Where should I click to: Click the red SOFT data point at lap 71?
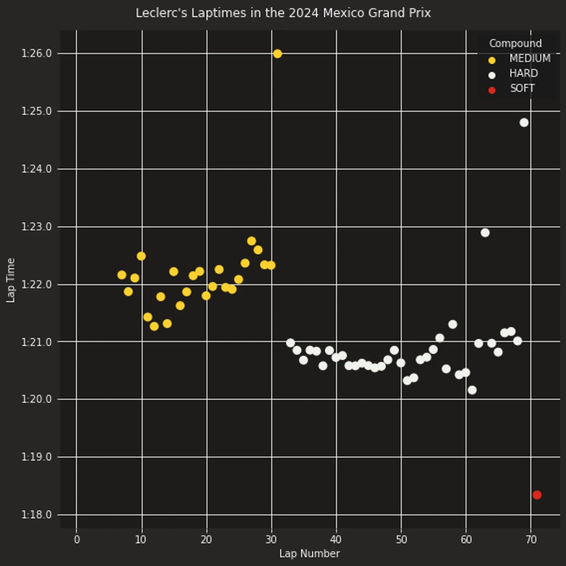click(x=537, y=495)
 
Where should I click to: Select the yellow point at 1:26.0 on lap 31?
click(x=277, y=54)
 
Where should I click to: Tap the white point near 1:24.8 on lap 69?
click(x=524, y=123)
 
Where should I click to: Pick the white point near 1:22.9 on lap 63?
click(x=485, y=233)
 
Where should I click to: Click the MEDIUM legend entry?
click(x=530, y=59)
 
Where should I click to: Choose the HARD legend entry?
click(x=523, y=74)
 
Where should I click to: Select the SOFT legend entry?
click(x=522, y=88)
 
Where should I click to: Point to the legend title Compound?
click(x=515, y=43)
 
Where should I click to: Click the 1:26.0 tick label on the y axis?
click(x=36, y=53)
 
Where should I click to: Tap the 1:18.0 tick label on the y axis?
click(x=36, y=515)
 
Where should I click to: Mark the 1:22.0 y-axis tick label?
click(x=36, y=285)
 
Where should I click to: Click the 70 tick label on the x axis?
click(x=531, y=539)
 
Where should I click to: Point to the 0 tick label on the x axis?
click(x=77, y=539)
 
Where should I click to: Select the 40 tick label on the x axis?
click(x=336, y=539)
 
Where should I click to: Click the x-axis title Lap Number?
click(x=309, y=554)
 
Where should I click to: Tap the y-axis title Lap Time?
click(x=10, y=280)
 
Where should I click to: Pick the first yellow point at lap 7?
click(x=122, y=275)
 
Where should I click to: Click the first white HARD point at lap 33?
click(x=290, y=343)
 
